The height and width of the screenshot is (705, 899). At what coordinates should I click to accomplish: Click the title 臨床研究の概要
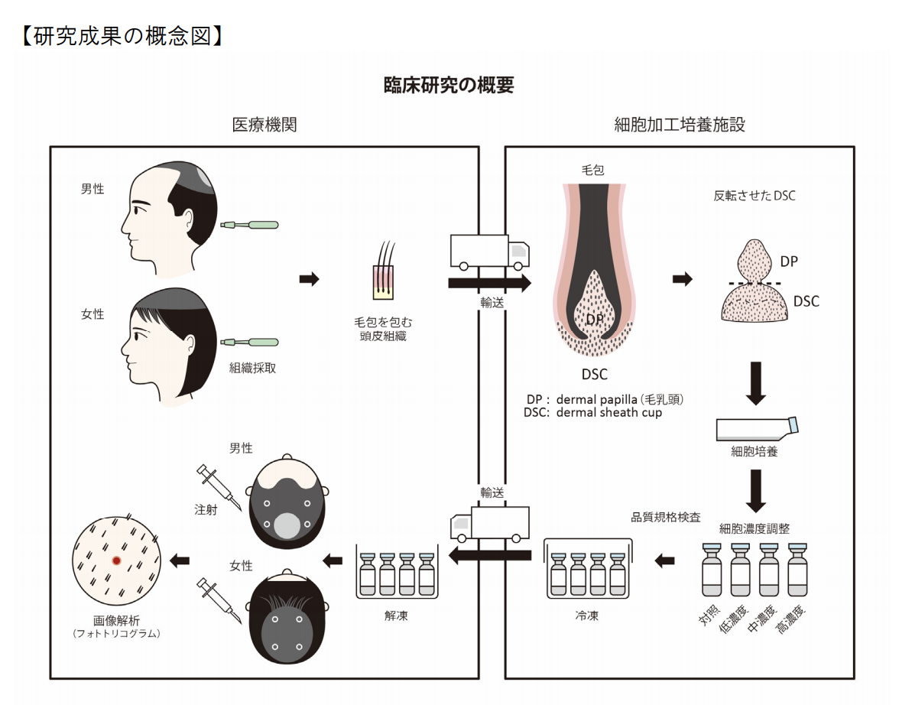(x=449, y=85)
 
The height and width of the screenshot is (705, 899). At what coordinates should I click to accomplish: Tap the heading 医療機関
(x=265, y=125)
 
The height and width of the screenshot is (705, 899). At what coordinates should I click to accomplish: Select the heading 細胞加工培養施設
(x=680, y=125)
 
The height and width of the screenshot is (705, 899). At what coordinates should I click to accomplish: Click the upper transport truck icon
(x=489, y=252)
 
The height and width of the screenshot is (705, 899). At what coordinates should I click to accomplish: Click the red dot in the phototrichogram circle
(x=116, y=560)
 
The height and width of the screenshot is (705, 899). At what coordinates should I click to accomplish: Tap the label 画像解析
(x=116, y=621)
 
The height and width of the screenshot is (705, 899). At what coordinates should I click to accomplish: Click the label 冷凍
(x=587, y=615)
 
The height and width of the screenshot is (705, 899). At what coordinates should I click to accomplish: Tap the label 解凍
(x=396, y=615)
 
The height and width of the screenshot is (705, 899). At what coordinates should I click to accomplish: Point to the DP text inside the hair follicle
(x=595, y=317)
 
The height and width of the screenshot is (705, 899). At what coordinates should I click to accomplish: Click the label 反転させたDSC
(x=754, y=196)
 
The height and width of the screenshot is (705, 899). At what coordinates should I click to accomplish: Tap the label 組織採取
(x=253, y=368)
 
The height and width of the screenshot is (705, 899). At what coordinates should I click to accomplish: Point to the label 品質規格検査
(x=665, y=517)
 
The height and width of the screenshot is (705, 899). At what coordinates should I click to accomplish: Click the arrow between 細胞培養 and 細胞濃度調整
(x=756, y=490)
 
